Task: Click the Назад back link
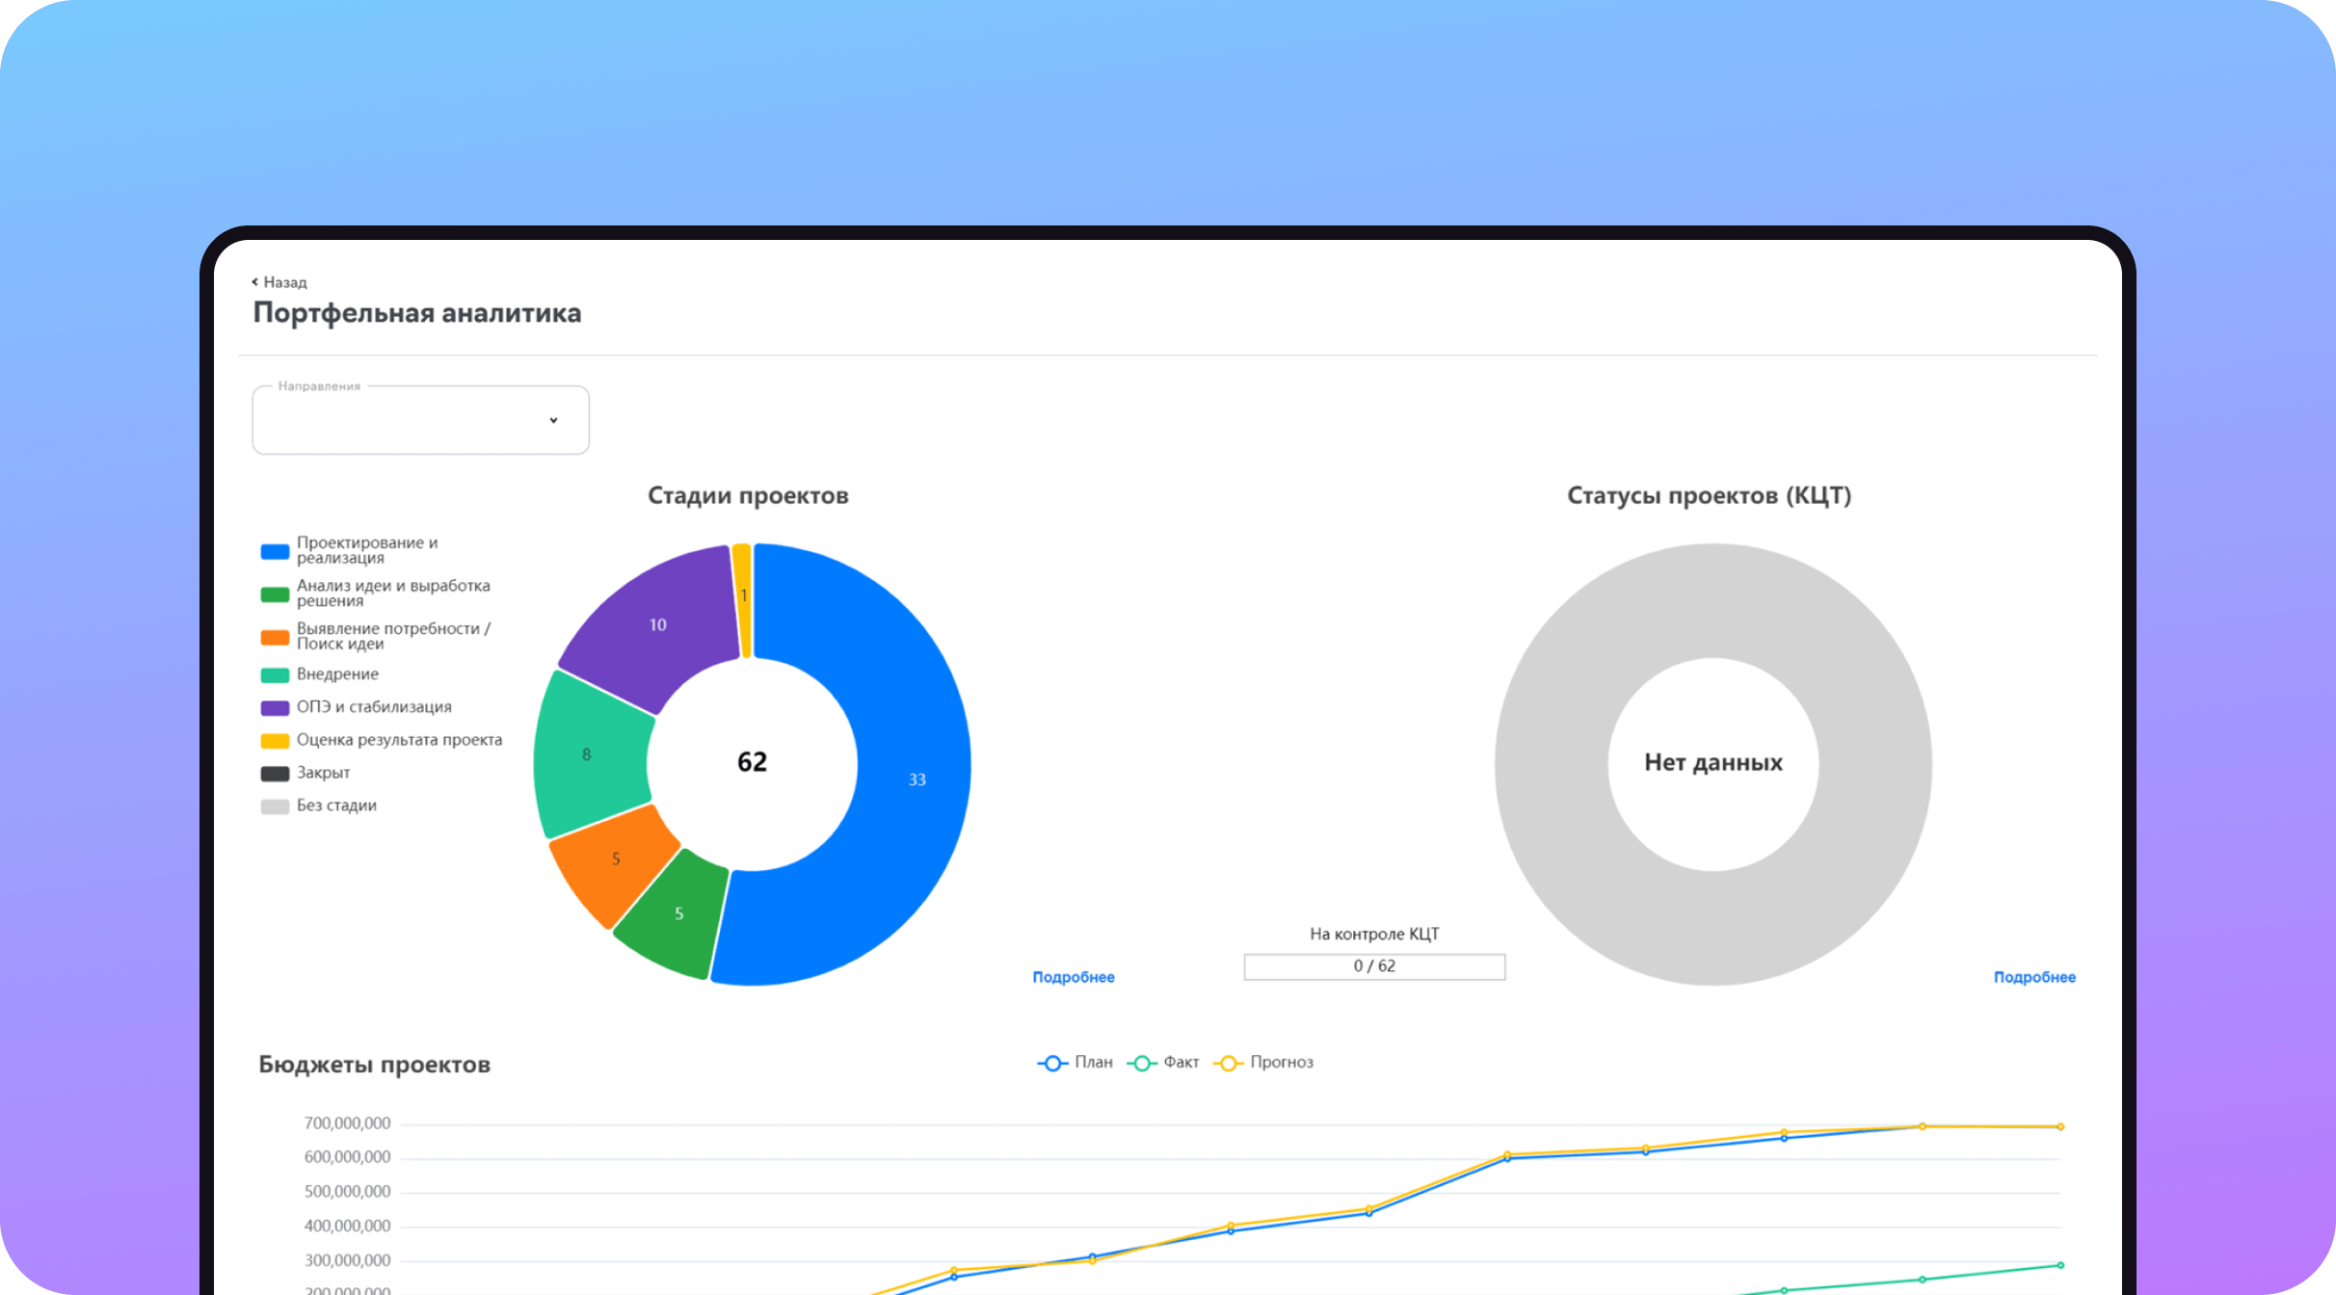pos(279,282)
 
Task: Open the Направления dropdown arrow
pos(553,420)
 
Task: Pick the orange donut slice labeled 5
pos(614,859)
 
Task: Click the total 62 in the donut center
pos(752,762)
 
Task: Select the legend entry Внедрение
pos(336,674)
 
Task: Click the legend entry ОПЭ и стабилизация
pos(373,707)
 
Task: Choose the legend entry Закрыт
pos(322,773)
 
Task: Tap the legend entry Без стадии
pos(335,806)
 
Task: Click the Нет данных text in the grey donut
pos(1712,762)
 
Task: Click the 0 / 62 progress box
pos(1374,966)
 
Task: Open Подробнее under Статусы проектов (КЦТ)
pos(2033,977)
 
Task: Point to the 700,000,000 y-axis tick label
pos(347,1123)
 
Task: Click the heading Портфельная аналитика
pos(416,313)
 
